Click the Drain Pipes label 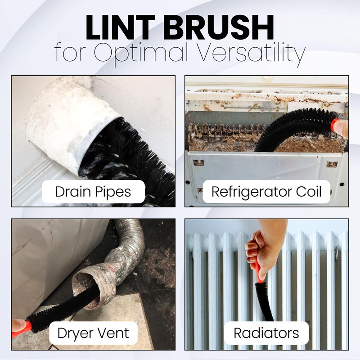[93, 192]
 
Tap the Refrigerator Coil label [266, 192]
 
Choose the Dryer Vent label [93, 333]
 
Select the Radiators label [266, 333]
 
